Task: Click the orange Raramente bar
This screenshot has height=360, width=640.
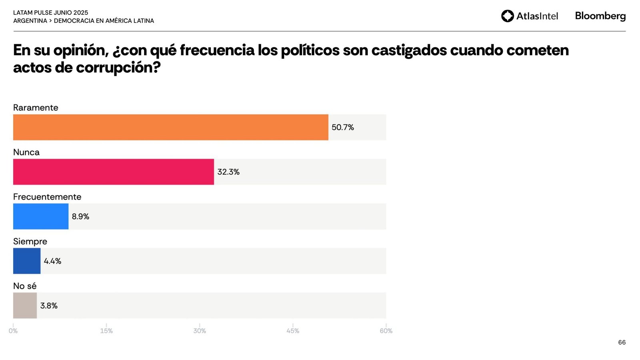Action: pyautogui.click(x=170, y=127)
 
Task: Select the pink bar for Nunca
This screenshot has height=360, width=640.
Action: pyautogui.click(x=113, y=172)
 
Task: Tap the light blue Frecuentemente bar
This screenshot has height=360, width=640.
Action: pyautogui.click(x=40, y=216)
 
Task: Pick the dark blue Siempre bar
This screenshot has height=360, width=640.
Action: pyautogui.click(x=26, y=261)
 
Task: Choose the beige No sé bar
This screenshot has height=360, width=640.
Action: pyautogui.click(x=25, y=306)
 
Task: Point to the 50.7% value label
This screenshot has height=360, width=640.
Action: pyautogui.click(x=342, y=127)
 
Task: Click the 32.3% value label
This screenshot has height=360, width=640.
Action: pyautogui.click(x=228, y=172)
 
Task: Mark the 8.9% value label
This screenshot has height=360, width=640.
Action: pyautogui.click(x=80, y=216)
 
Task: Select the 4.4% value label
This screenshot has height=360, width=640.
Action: pyautogui.click(x=52, y=261)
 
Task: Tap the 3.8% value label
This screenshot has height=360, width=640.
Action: pyautogui.click(x=49, y=306)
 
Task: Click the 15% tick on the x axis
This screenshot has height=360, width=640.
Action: pyautogui.click(x=106, y=331)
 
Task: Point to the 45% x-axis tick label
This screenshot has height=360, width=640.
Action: pyautogui.click(x=293, y=331)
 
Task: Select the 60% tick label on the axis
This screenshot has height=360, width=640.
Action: pyautogui.click(x=386, y=331)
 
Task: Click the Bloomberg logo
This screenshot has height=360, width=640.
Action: pyautogui.click(x=600, y=16)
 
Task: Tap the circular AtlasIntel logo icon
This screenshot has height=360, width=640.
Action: pyautogui.click(x=507, y=16)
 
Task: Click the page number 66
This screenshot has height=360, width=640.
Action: pyautogui.click(x=622, y=342)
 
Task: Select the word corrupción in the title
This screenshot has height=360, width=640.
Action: pyautogui.click(x=118, y=68)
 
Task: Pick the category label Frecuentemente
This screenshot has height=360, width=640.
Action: pyautogui.click(x=47, y=197)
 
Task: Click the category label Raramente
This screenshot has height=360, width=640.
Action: pyautogui.click(x=36, y=108)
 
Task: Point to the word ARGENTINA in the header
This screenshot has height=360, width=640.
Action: pyautogui.click(x=30, y=21)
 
